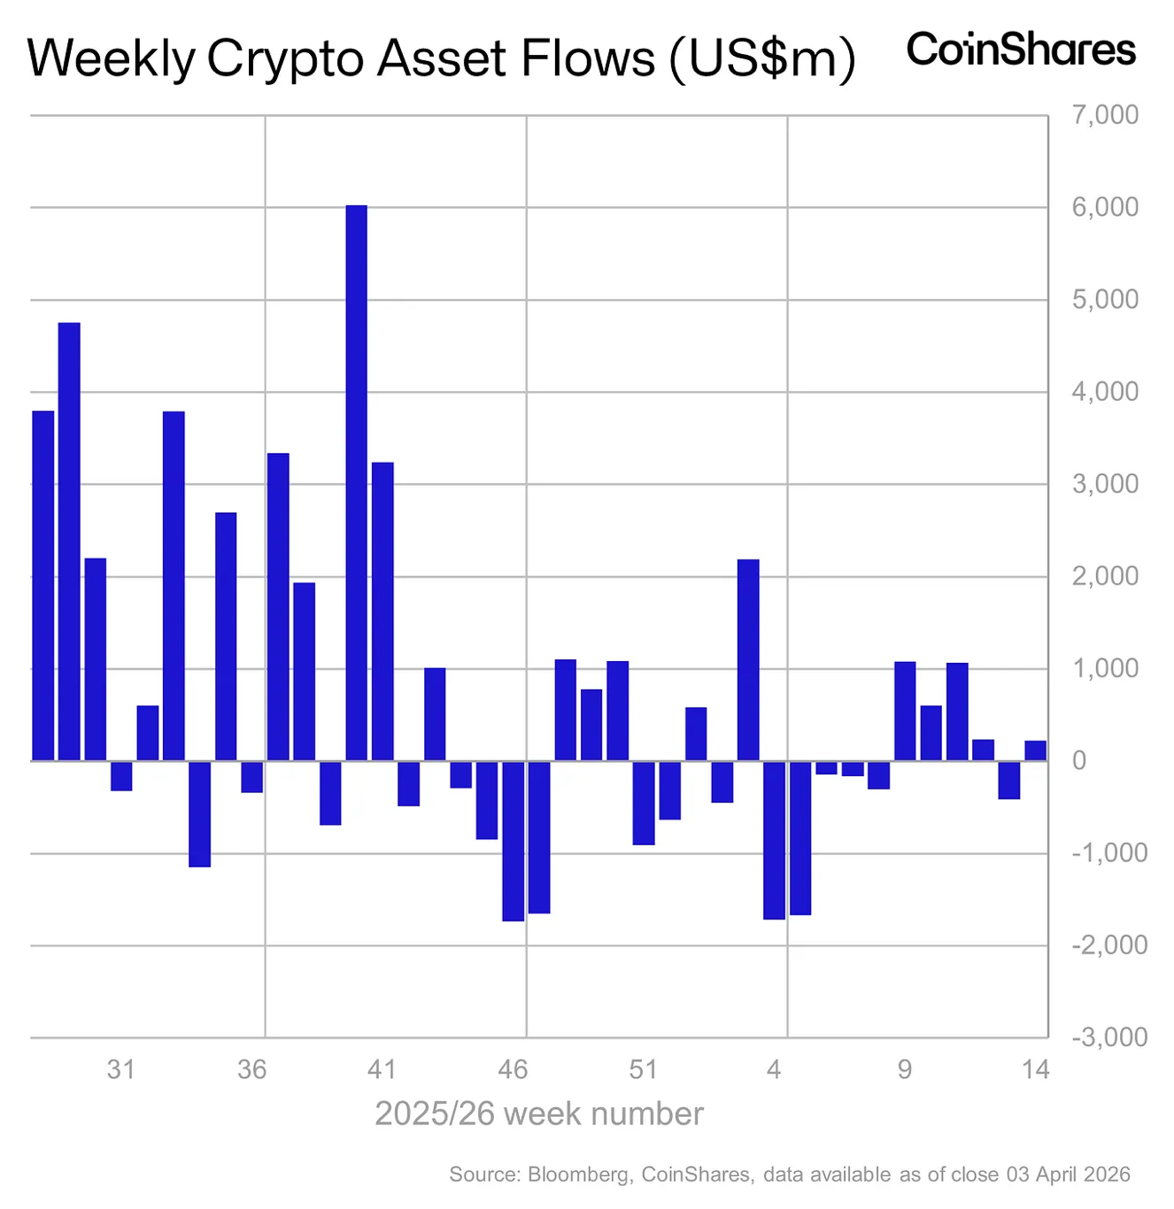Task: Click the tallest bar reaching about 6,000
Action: click(x=356, y=482)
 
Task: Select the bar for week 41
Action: click(x=382, y=611)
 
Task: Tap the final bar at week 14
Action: click(x=1035, y=751)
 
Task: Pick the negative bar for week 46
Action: click(x=513, y=841)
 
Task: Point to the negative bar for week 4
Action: click(x=774, y=840)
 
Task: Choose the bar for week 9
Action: click(x=905, y=711)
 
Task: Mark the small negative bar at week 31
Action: click(x=121, y=775)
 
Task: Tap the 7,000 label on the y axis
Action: click(x=1105, y=115)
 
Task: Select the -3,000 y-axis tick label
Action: click(x=1108, y=1037)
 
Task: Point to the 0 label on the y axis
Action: click(x=1078, y=761)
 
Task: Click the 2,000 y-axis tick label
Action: click(x=1105, y=576)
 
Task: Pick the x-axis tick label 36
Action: click(x=251, y=1070)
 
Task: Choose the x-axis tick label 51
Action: click(x=644, y=1070)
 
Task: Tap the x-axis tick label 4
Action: click(x=774, y=1070)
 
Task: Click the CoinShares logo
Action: click(x=1021, y=50)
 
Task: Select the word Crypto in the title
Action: click(x=285, y=60)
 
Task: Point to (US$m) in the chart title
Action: click(x=762, y=60)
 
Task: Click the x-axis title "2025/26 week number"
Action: click(x=539, y=1113)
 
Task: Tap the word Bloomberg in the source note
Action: click(x=579, y=1174)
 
